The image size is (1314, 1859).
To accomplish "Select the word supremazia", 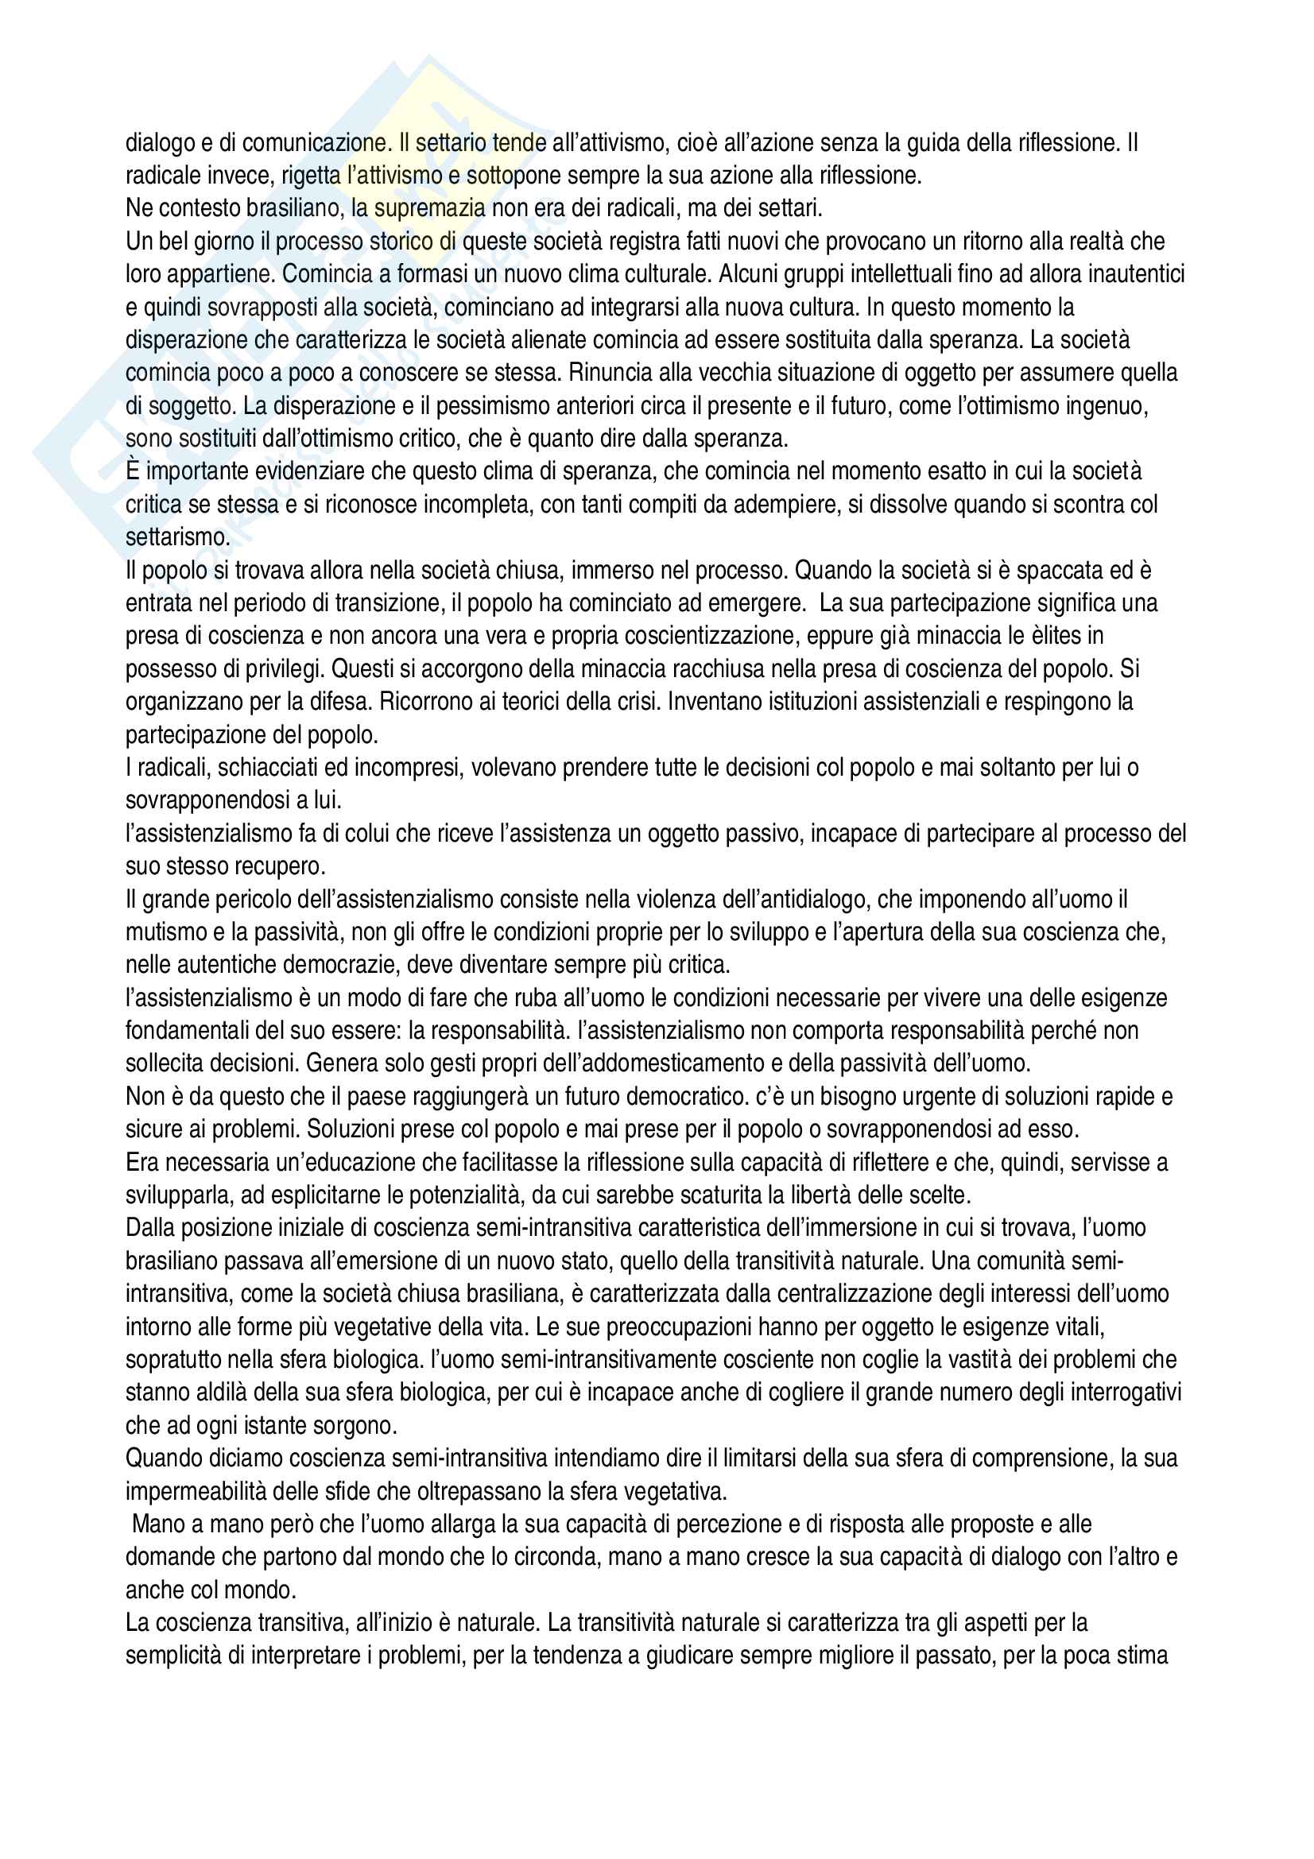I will tap(429, 209).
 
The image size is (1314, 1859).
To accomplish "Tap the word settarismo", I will tap(177, 536).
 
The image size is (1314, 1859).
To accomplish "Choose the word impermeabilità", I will tap(192, 1491).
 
